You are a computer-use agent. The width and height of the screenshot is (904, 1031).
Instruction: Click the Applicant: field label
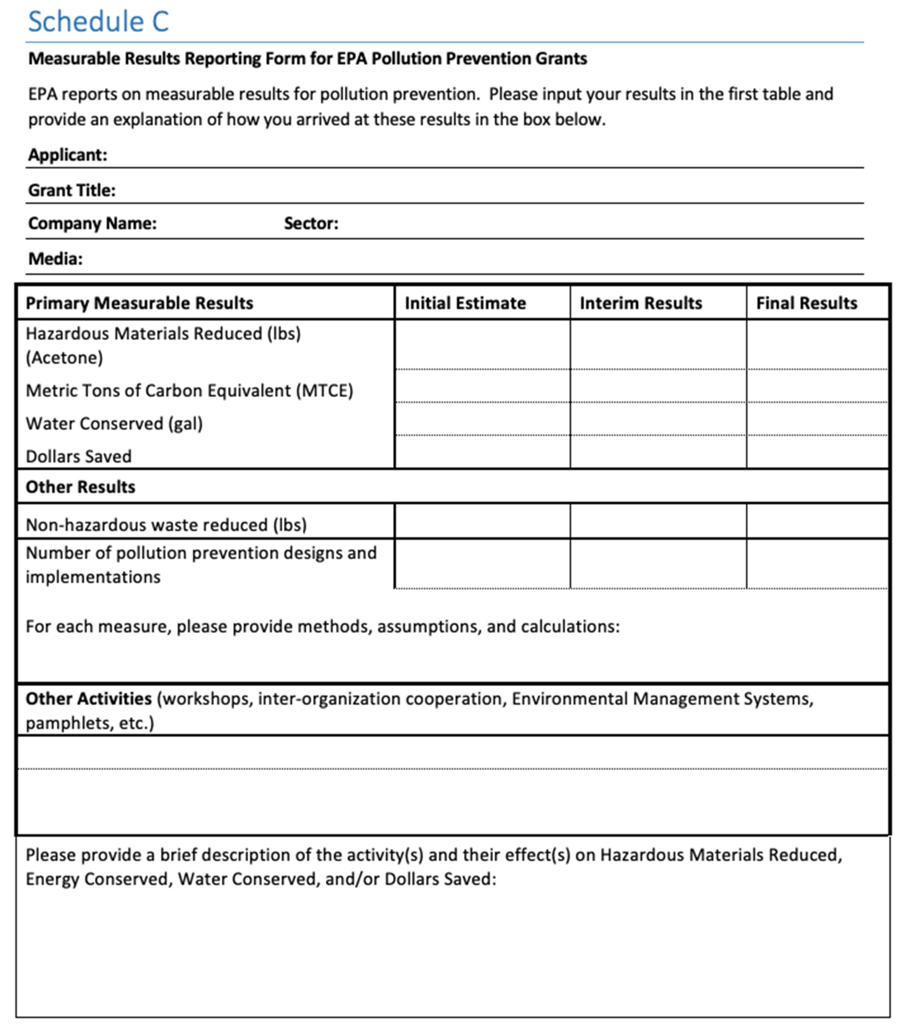[68, 155]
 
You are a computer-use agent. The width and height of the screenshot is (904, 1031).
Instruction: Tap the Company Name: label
[92, 223]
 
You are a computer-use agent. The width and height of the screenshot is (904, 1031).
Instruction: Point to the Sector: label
[311, 223]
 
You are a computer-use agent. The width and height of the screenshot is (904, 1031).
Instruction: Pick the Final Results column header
[806, 303]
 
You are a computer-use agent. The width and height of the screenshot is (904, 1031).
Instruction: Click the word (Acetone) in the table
[64, 357]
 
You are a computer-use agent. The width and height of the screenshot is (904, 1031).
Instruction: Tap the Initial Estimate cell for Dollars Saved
[482, 452]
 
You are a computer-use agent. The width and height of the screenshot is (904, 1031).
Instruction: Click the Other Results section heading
[80, 487]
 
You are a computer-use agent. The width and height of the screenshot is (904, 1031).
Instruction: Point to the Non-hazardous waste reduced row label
[166, 525]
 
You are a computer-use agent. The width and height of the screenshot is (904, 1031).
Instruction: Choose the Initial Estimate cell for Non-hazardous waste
[482, 521]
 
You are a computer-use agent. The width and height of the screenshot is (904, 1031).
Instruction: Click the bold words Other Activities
[88, 699]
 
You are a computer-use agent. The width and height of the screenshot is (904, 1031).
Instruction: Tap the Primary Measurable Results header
[139, 303]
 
